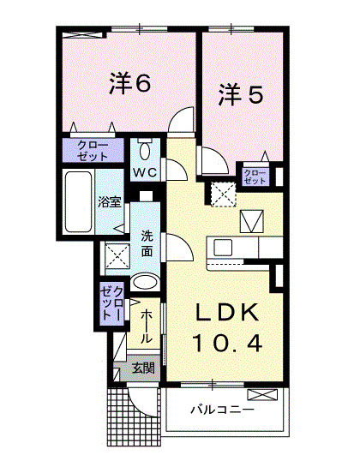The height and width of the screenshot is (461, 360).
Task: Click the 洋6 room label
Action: [x=130, y=84]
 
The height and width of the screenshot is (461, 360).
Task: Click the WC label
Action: [x=143, y=171]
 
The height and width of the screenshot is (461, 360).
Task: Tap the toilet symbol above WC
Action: [x=144, y=151]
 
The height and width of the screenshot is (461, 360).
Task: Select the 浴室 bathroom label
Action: [x=109, y=205]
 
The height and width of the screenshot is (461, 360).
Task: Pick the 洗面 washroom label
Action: [x=147, y=242]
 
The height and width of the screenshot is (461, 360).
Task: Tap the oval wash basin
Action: [x=146, y=282]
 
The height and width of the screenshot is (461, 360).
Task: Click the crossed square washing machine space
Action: [x=116, y=255]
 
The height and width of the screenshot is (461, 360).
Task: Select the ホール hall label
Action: [x=147, y=326]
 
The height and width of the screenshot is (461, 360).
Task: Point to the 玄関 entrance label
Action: [x=142, y=369]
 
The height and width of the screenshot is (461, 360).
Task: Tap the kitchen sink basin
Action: [x=223, y=248]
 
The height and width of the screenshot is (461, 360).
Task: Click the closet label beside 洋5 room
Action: [x=255, y=177]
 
